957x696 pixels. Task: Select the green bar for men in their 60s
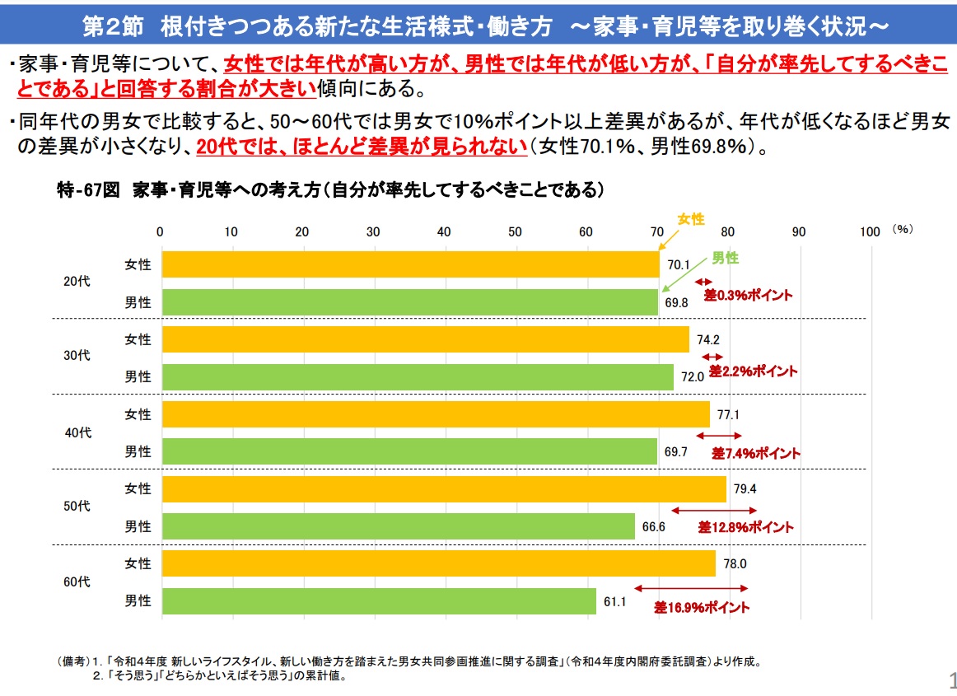pyautogui.click(x=379, y=601)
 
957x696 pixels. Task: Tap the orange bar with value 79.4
pyautogui.click(x=444, y=488)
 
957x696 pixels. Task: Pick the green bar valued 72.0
pyautogui.click(x=418, y=376)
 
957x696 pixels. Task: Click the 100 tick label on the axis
pyautogui.click(x=870, y=232)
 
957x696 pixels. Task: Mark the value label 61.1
pyautogui.click(x=615, y=602)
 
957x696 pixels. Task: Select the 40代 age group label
pyautogui.click(x=77, y=432)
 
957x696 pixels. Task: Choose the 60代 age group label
pyautogui.click(x=77, y=582)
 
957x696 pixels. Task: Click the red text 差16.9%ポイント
pyautogui.click(x=703, y=608)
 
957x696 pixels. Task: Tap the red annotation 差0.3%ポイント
pyautogui.click(x=748, y=295)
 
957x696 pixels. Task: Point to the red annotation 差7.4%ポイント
pyautogui.click(x=755, y=453)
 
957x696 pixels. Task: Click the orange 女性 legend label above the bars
pyautogui.click(x=691, y=218)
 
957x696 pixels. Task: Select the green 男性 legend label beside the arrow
pyautogui.click(x=725, y=258)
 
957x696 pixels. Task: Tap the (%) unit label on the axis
pyautogui.click(x=903, y=230)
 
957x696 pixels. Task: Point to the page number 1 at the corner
pyautogui.click(x=952, y=680)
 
